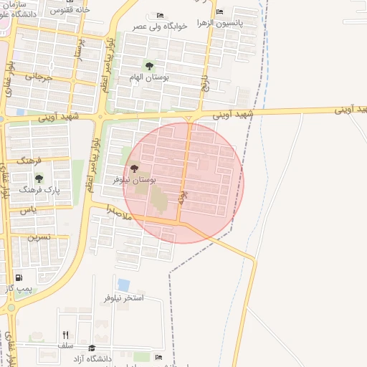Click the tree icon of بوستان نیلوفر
coord(134,168)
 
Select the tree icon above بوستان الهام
coord(149,67)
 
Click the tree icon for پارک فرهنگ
coord(39,178)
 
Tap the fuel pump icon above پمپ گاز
coord(18,277)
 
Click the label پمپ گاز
coord(18,288)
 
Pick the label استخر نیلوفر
coord(124,297)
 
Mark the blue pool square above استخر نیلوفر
coord(123,285)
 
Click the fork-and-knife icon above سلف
coord(66,335)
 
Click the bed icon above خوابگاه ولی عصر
coord(160,15)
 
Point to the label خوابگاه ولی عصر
coord(160,26)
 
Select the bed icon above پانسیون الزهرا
coord(219,12)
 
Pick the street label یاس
coord(28,210)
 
